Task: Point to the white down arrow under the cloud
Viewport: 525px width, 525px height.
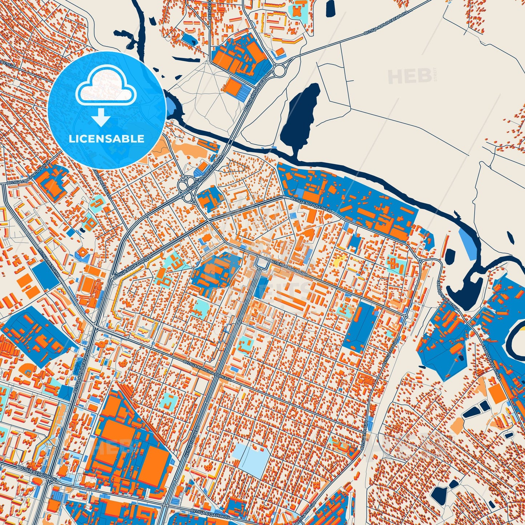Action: point(101,117)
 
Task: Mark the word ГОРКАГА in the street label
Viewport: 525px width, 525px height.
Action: point(222,377)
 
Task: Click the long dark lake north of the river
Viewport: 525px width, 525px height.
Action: point(300,116)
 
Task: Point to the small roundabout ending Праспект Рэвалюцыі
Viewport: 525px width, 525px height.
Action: point(405,316)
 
